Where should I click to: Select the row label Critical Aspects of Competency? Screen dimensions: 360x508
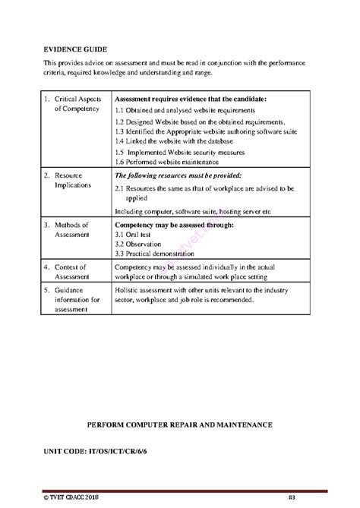[x=76, y=104]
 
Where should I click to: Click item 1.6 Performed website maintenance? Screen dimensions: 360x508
[x=166, y=162]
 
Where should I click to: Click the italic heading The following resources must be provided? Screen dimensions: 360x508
[x=178, y=175]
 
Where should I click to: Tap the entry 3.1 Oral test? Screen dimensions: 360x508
[x=133, y=235]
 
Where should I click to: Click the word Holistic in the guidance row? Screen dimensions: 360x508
[x=128, y=289]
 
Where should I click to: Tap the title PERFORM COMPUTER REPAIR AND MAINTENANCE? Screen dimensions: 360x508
[x=180, y=422]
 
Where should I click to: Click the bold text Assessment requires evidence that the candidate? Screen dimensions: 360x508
[x=190, y=99]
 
